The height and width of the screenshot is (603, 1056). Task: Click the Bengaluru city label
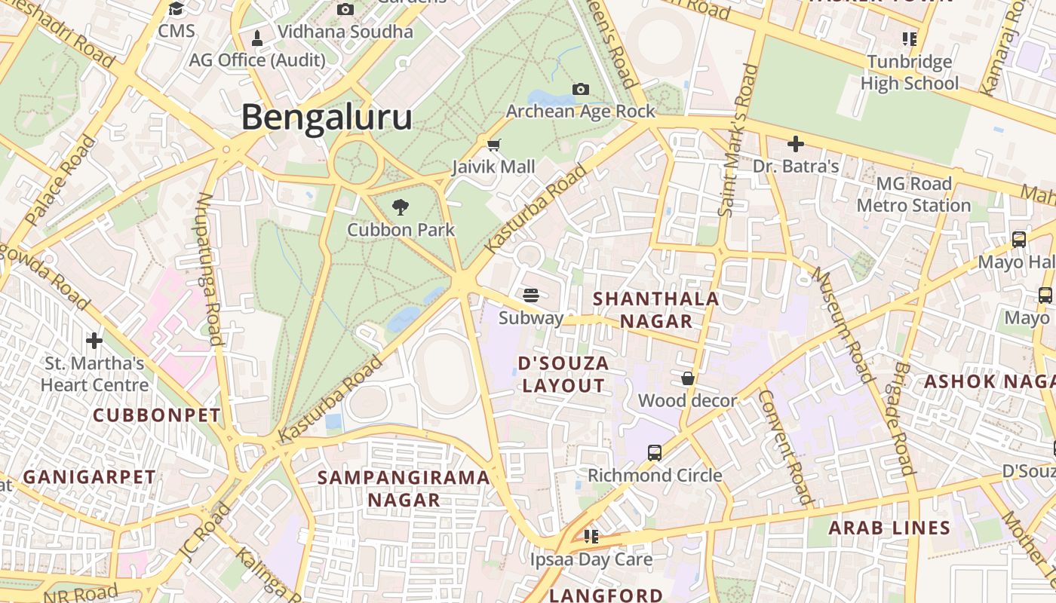[327, 118]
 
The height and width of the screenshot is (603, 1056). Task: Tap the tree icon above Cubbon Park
[401, 207]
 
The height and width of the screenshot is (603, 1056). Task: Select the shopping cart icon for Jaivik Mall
[494, 145]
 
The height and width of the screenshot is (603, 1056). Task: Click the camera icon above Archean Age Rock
[580, 90]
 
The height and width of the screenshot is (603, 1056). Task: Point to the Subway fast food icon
[531, 294]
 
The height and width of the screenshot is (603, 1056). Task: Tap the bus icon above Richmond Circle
[655, 453]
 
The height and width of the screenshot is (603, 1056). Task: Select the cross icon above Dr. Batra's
[795, 143]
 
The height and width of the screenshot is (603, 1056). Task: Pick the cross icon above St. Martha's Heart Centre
[94, 341]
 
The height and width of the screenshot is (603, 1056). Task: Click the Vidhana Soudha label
[345, 32]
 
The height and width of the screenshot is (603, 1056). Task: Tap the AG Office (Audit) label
[257, 60]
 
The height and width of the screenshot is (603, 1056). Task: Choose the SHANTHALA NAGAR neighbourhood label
[655, 310]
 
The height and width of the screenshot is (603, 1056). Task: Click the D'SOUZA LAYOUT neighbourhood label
[563, 375]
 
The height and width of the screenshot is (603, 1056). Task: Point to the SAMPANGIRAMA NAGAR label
[404, 488]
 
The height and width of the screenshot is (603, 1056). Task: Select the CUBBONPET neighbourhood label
[157, 415]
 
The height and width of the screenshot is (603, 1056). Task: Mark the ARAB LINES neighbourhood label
[889, 528]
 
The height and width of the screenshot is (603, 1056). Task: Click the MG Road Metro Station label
[913, 194]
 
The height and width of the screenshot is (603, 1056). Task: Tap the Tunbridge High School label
[910, 72]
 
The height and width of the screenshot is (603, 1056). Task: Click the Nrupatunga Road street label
[208, 268]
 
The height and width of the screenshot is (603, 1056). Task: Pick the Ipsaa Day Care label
[591, 559]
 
